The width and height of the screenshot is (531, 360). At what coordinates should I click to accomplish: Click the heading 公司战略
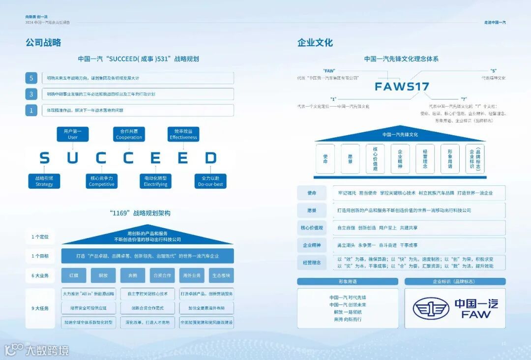pyautogui.click(x=43, y=43)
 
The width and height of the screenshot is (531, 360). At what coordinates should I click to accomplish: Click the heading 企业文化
pyautogui.click(x=315, y=43)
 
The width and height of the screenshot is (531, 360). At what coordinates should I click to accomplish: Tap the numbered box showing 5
pyautogui.click(x=31, y=78)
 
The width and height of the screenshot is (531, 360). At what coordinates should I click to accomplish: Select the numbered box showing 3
pyautogui.click(x=31, y=94)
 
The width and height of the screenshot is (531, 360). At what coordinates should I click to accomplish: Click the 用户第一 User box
pyautogui.click(x=73, y=134)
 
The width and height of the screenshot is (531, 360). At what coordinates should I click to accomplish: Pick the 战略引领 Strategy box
pyautogui.click(x=44, y=181)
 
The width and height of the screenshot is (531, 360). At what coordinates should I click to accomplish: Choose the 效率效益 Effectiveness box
pyautogui.click(x=183, y=134)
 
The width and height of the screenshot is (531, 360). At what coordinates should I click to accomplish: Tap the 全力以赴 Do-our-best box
pyautogui.click(x=210, y=181)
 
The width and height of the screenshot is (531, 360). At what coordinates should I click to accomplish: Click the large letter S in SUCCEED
pyautogui.click(x=45, y=158)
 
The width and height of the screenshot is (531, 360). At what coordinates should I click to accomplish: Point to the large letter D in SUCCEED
pyautogui.click(x=211, y=158)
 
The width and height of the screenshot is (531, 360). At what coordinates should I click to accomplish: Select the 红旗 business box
pyautogui.click(x=74, y=275)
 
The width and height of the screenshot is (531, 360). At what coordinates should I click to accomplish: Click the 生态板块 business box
pyautogui.click(x=221, y=275)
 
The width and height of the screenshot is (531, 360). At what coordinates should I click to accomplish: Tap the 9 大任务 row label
pyautogui.click(x=40, y=308)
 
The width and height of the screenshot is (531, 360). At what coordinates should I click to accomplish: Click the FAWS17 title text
pyautogui.click(x=402, y=87)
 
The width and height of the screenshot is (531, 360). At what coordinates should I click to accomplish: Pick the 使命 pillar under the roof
pyautogui.click(x=325, y=158)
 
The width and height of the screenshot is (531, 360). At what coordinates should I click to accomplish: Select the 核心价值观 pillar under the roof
pyautogui.click(x=375, y=158)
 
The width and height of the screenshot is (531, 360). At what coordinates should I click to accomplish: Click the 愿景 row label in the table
pyautogui.click(x=312, y=210)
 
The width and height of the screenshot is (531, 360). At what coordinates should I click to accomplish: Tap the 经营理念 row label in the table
pyautogui.click(x=312, y=262)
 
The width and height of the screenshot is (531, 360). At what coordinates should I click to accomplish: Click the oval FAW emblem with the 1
pyautogui.click(x=431, y=308)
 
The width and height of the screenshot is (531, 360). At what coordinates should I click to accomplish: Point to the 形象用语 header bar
pyautogui.click(x=348, y=282)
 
